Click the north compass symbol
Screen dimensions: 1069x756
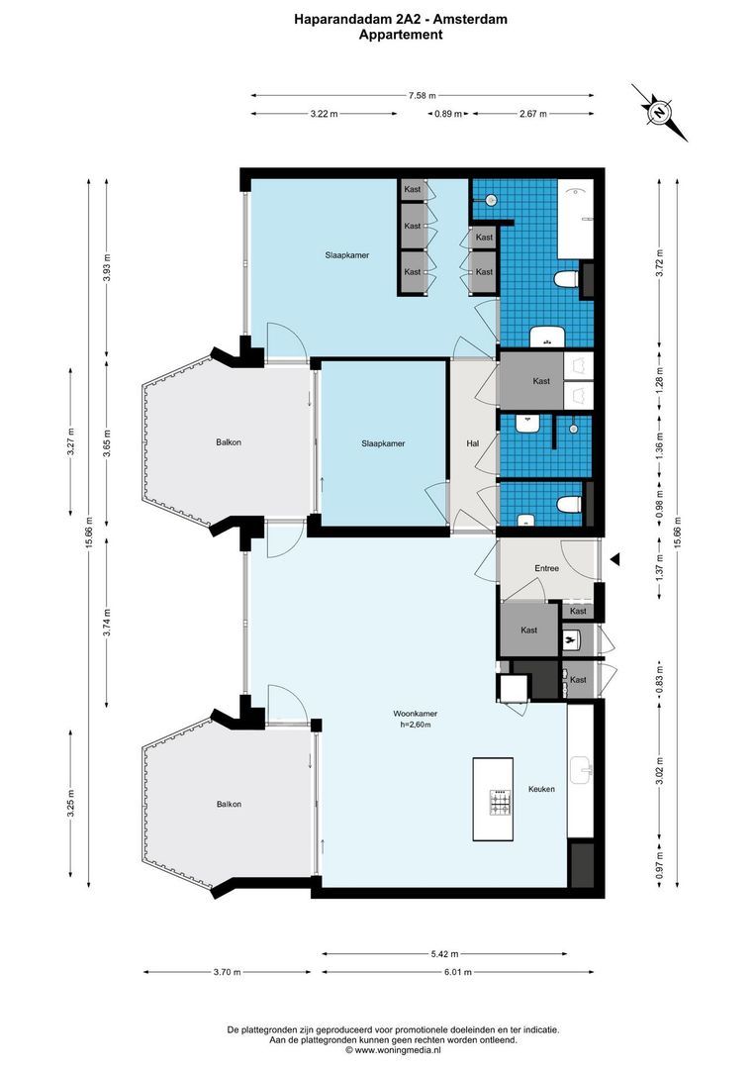tap(658, 112)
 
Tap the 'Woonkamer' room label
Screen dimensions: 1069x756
tap(416, 714)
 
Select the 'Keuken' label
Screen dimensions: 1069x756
tap(541, 789)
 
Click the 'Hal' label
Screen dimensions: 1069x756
tap(473, 443)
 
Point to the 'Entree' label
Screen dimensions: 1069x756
tap(546, 568)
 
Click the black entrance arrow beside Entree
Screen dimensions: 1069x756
tap(614, 560)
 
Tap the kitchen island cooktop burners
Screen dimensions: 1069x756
tap(501, 802)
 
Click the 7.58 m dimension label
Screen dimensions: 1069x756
tap(423, 96)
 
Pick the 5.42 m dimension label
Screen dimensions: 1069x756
tap(445, 954)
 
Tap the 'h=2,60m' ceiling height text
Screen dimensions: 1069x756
tap(416, 725)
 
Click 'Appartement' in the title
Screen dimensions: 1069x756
tap(401, 34)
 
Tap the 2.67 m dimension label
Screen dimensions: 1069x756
tap(533, 114)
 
